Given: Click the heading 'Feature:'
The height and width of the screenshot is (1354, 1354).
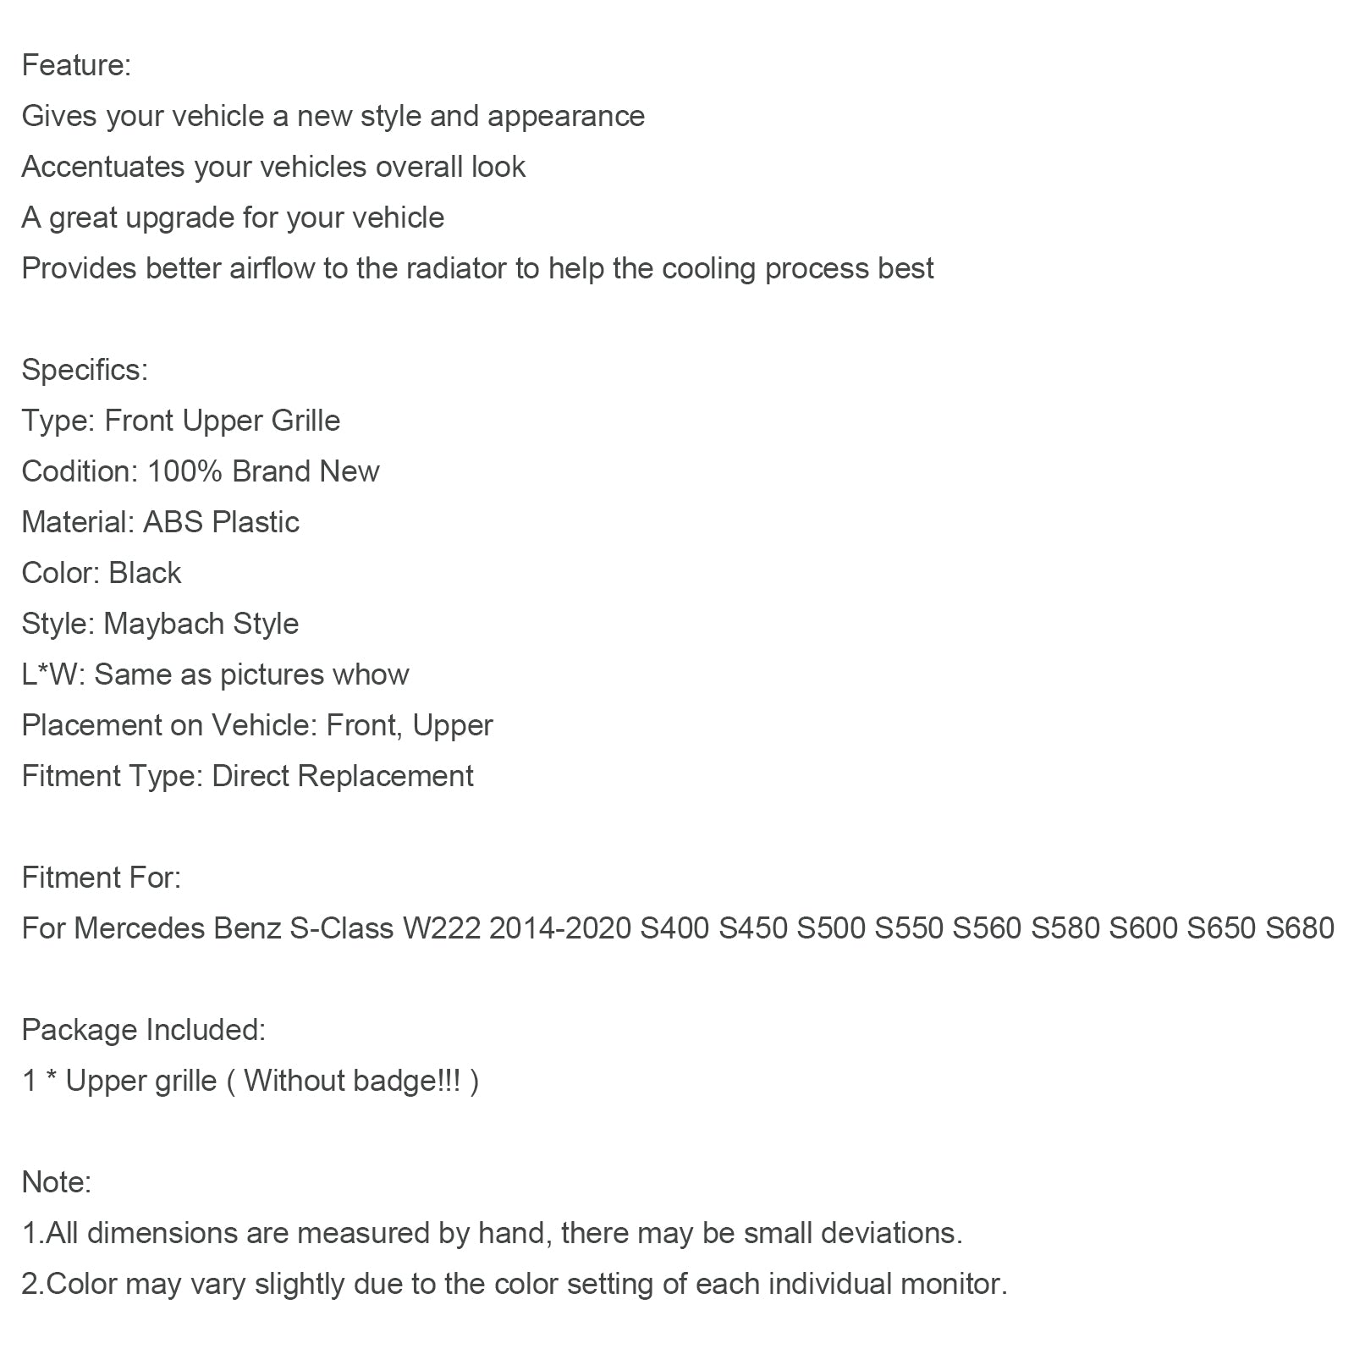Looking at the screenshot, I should click(76, 65).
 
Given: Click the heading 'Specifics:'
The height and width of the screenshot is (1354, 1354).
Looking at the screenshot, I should click(85, 370).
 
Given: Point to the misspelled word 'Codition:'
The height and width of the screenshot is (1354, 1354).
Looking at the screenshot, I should click(80, 471).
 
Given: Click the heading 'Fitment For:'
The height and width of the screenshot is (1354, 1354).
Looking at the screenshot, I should click(102, 878).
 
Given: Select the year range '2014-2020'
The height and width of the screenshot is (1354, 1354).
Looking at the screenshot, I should click(560, 928).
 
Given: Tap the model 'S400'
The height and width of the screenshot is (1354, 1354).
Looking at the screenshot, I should click(674, 928).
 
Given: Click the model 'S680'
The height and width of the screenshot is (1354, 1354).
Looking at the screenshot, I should click(1300, 928).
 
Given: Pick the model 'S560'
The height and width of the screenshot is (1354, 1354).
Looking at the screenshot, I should click(987, 928).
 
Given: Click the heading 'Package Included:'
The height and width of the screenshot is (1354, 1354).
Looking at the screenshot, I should click(144, 1030).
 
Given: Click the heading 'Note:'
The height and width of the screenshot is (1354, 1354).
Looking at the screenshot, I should click(57, 1182).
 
